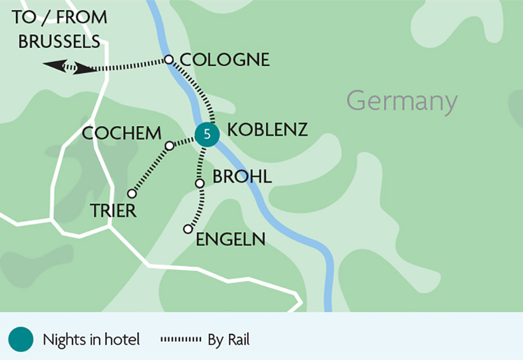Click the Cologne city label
[225, 60]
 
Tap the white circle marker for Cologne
[169, 59]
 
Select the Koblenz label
[267, 130]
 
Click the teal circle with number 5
[206, 135]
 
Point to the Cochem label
[121, 134]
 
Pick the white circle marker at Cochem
[169, 145]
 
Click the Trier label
[113, 211]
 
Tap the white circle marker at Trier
[132, 193]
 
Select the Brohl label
[242, 177]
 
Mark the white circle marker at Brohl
[199, 183]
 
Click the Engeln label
[231, 239]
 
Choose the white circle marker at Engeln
[188, 229]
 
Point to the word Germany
[402, 102]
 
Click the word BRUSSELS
[59, 42]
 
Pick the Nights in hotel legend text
[91, 340]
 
